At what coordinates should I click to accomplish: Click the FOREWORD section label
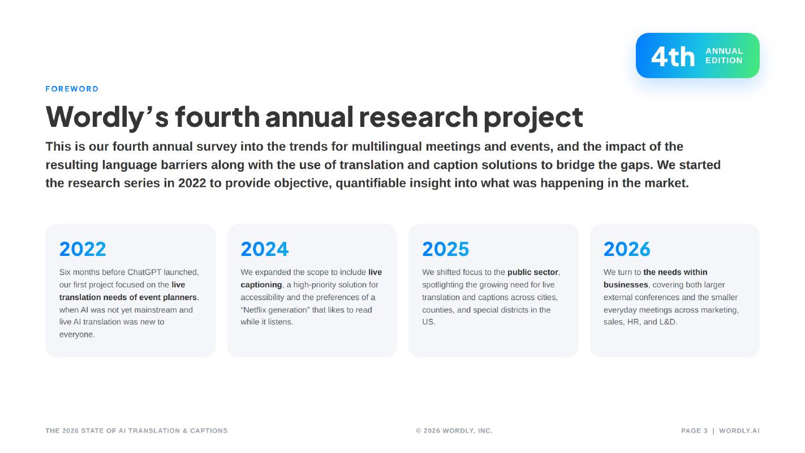tap(72, 89)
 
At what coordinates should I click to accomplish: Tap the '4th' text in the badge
tap(673, 57)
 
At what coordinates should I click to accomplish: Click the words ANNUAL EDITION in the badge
tap(724, 55)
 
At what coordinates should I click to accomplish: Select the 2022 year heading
tap(83, 249)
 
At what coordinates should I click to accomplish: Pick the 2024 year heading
tap(265, 249)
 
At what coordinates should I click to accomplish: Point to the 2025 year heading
tap(446, 249)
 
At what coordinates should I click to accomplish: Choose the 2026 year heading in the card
tap(627, 249)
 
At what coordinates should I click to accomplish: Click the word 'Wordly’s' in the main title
tap(107, 117)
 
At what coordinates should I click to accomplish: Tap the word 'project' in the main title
tap(533, 118)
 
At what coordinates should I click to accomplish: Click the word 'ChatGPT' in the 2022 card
tap(144, 272)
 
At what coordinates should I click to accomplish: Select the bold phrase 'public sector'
tap(533, 272)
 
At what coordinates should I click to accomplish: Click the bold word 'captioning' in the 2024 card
tap(261, 285)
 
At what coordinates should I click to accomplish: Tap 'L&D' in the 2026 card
tap(668, 322)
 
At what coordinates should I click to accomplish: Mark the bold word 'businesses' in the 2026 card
tap(626, 285)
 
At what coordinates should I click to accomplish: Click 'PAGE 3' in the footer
tap(694, 431)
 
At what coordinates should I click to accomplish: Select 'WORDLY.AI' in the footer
tap(739, 431)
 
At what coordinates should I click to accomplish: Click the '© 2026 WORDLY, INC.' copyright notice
tap(454, 431)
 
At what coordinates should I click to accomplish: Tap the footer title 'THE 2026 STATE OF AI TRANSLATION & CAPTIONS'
tap(136, 431)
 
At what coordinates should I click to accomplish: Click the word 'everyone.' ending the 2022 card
tap(77, 335)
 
